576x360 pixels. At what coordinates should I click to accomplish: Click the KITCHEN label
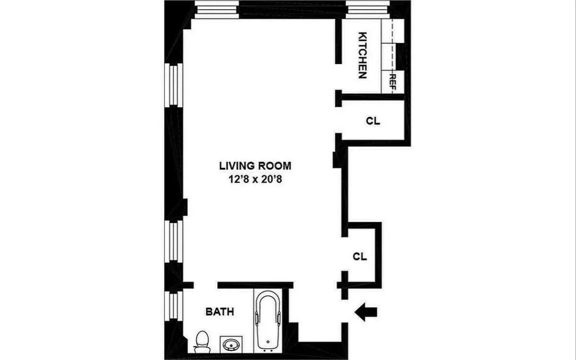coord(362,55)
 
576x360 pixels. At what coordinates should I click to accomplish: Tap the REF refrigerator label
coord(393,83)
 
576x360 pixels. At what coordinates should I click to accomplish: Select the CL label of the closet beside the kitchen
coord(373,121)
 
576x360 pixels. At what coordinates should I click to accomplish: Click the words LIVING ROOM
coord(255,166)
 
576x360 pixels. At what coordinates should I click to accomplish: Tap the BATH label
coord(219,312)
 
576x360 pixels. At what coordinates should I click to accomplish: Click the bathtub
coord(267,320)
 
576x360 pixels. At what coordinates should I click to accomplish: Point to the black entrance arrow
coord(366,312)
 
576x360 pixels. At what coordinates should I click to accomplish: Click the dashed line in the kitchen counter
coord(393,47)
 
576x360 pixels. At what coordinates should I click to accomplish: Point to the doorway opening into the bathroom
coord(205,285)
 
